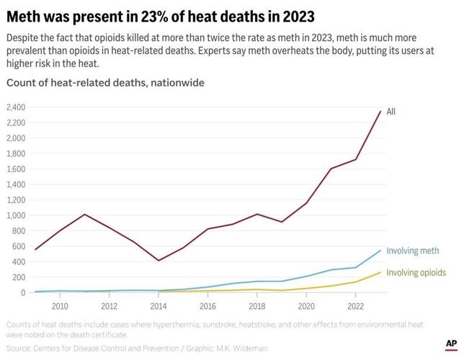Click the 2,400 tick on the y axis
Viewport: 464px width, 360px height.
point(15,107)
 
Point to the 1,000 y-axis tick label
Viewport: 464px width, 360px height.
point(15,215)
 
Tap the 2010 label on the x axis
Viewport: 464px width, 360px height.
point(61,305)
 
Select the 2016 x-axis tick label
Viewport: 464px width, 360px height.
point(208,305)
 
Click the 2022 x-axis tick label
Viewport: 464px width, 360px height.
point(355,305)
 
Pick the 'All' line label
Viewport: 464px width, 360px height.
point(391,112)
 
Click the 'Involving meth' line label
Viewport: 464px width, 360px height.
point(412,251)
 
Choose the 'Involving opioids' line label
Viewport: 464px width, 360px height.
point(416,273)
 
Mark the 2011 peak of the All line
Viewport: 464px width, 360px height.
point(85,215)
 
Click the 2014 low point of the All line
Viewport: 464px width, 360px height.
point(159,261)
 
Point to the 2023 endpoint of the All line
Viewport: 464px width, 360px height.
point(380,112)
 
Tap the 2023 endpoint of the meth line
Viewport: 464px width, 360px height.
point(380,251)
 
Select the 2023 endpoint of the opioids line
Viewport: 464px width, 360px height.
point(380,272)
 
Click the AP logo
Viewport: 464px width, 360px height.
point(451,344)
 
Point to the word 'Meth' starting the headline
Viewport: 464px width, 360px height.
point(25,15)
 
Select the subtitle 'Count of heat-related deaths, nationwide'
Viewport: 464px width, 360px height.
point(105,83)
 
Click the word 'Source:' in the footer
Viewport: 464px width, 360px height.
point(22,348)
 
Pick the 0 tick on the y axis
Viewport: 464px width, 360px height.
point(22,292)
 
